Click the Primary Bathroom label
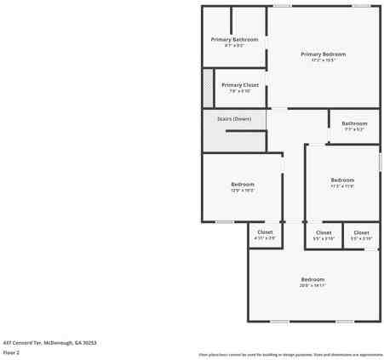coord(234,39)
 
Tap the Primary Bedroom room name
coord(323,54)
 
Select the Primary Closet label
coord(240,84)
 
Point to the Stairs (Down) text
coord(234,118)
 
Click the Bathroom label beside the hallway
coord(354,123)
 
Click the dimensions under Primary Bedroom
coord(323,60)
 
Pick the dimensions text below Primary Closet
coord(240,91)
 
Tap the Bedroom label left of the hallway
coord(243,185)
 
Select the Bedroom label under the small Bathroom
coord(342,180)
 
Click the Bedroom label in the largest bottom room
coord(312,279)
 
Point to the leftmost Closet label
coord(265,232)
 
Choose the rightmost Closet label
coord(361,232)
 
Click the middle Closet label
coord(324,232)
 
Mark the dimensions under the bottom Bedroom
coord(312,286)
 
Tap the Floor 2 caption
coord(12,351)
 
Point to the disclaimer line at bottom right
coord(290,354)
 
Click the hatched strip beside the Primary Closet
coord(208,88)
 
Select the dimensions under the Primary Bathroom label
coord(234,46)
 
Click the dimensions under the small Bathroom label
coord(354,129)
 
